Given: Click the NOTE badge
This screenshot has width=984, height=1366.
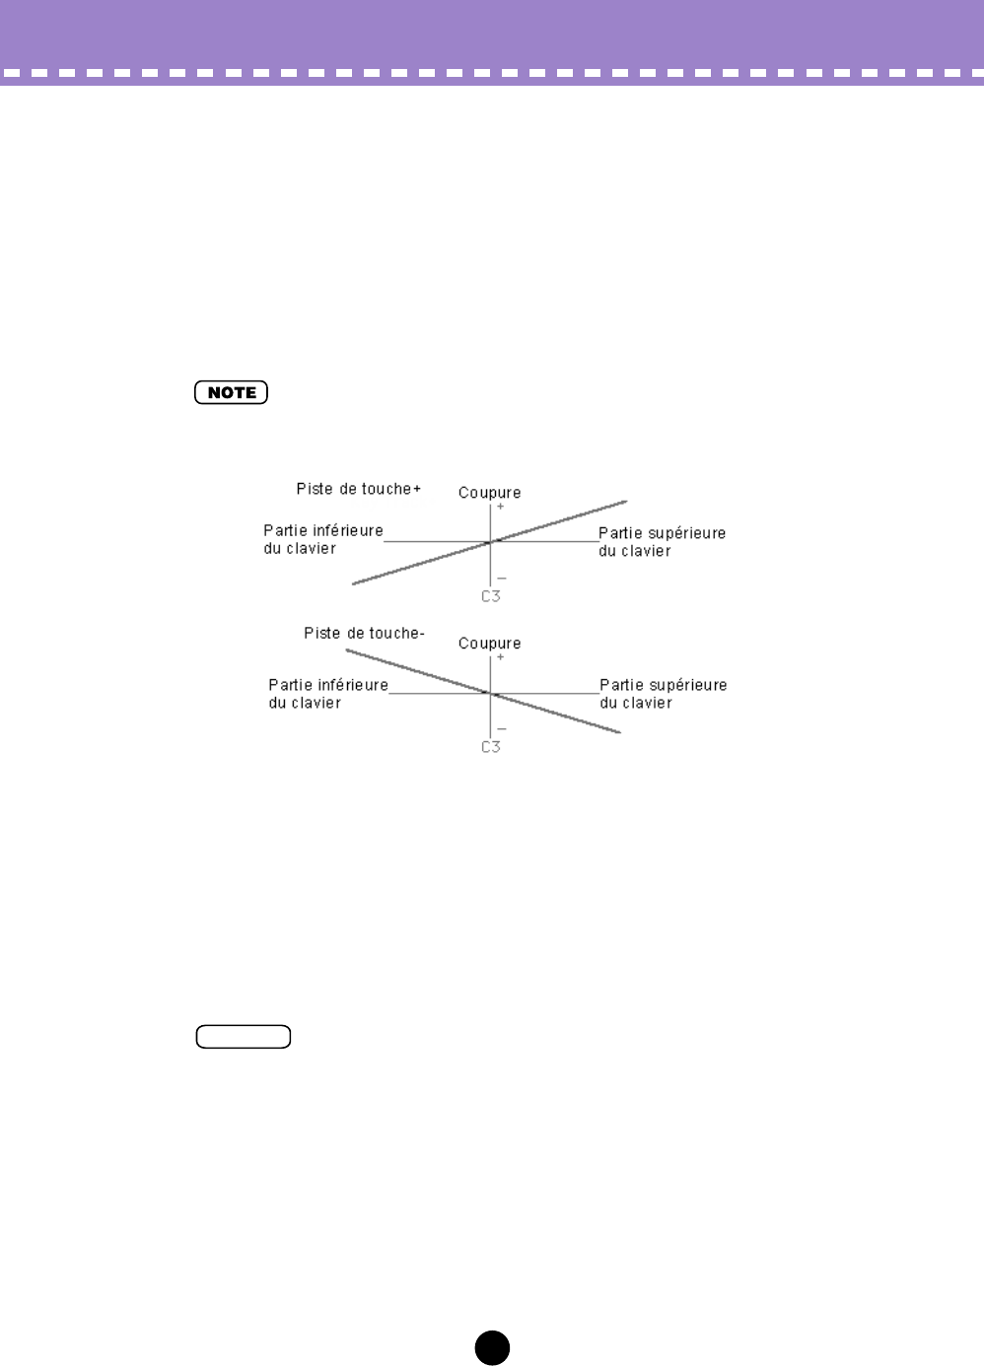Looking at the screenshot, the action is click(x=232, y=392).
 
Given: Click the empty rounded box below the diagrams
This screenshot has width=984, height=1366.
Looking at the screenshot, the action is click(x=244, y=1037).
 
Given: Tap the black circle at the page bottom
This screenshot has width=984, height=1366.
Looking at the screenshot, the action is click(x=492, y=1347).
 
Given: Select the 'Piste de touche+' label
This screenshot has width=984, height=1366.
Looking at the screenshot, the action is click(x=359, y=489).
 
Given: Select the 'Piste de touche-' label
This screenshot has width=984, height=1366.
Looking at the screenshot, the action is click(x=364, y=634).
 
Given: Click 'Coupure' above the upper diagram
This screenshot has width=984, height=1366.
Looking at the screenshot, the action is click(x=489, y=493).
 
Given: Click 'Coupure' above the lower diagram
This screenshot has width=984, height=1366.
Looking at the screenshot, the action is click(x=489, y=644).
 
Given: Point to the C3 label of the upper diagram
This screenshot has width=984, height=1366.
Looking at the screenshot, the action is click(x=491, y=596).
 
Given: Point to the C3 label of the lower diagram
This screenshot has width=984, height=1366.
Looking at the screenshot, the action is click(x=491, y=747).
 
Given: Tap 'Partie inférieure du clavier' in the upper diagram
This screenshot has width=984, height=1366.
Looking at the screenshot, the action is click(x=322, y=539).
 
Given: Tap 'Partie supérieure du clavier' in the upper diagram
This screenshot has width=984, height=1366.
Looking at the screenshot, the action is click(x=662, y=542).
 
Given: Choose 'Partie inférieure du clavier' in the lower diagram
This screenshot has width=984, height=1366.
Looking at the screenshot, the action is click(x=327, y=694).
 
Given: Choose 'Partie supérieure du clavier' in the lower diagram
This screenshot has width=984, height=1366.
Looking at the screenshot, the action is click(x=663, y=694).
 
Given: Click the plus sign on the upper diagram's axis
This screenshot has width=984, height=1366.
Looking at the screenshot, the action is click(x=500, y=507).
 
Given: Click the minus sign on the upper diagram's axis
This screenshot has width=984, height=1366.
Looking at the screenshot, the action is click(x=501, y=579).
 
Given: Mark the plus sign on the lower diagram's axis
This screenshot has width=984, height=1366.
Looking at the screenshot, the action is click(x=500, y=657).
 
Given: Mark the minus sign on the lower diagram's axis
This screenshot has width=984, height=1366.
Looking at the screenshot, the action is click(x=501, y=729).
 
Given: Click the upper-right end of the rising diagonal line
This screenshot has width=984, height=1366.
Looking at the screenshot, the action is click(x=624, y=502).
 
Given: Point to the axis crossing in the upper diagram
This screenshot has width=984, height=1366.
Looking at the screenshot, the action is click(x=490, y=542).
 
